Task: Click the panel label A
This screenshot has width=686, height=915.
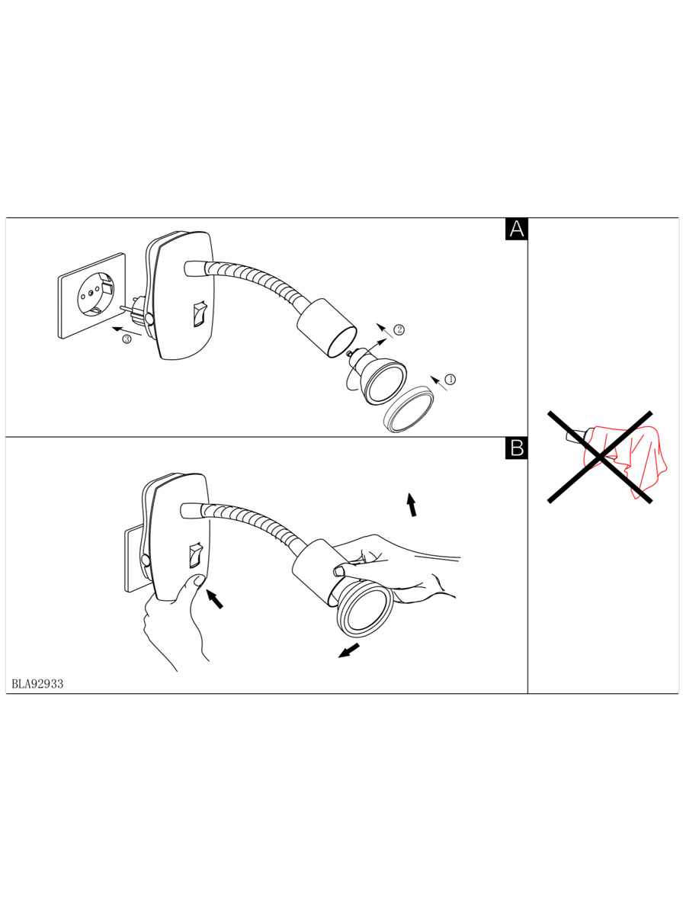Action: click(517, 229)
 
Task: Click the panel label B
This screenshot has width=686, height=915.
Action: click(517, 448)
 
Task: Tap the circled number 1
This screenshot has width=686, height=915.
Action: click(450, 379)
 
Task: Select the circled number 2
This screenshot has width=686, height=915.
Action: click(399, 329)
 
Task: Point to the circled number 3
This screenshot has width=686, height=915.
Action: click(127, 339)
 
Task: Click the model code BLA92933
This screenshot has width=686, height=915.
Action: click(37, 684)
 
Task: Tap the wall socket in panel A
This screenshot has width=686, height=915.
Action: click(91, 296)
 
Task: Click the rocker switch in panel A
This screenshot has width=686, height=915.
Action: click(199, 313)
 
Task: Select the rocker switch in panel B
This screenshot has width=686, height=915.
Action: click(195, 555)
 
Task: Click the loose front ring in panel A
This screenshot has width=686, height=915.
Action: click(409, 409)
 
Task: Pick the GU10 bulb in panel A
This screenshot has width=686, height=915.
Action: click(377, 374)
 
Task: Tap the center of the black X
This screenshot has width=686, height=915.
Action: click(600, 457)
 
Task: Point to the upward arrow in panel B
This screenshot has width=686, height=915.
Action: click(412, 505)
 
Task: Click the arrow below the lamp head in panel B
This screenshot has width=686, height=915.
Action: click(348, 650)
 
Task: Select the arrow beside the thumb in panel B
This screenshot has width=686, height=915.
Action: click(215, 599)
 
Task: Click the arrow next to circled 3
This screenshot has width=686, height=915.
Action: click(127, 330)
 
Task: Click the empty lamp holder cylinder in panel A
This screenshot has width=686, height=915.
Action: click(327, 327)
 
